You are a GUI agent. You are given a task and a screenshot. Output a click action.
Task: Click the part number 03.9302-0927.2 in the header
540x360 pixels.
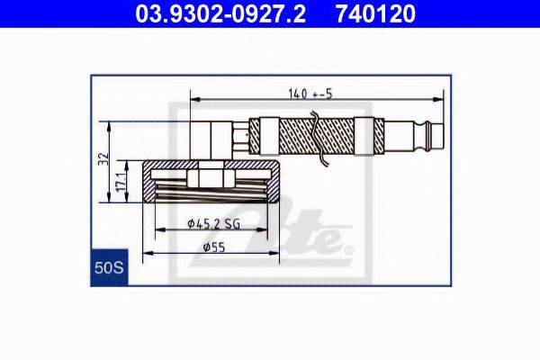220,13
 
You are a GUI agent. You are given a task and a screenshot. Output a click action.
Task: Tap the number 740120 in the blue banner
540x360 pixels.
375,13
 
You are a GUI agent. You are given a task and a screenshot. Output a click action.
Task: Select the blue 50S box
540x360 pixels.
109,267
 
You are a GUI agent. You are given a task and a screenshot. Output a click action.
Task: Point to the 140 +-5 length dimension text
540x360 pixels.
310,94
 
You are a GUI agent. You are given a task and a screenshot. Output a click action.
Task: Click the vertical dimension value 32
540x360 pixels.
103,158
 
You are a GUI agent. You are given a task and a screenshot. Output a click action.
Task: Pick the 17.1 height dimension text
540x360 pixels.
121,182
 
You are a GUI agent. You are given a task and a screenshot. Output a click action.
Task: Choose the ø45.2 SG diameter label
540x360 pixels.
213,224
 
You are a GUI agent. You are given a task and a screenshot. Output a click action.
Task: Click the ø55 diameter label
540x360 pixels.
214,247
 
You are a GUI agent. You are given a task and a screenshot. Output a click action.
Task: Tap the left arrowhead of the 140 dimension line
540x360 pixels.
195,100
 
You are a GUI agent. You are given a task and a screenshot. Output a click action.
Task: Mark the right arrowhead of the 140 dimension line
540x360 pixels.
438,100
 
